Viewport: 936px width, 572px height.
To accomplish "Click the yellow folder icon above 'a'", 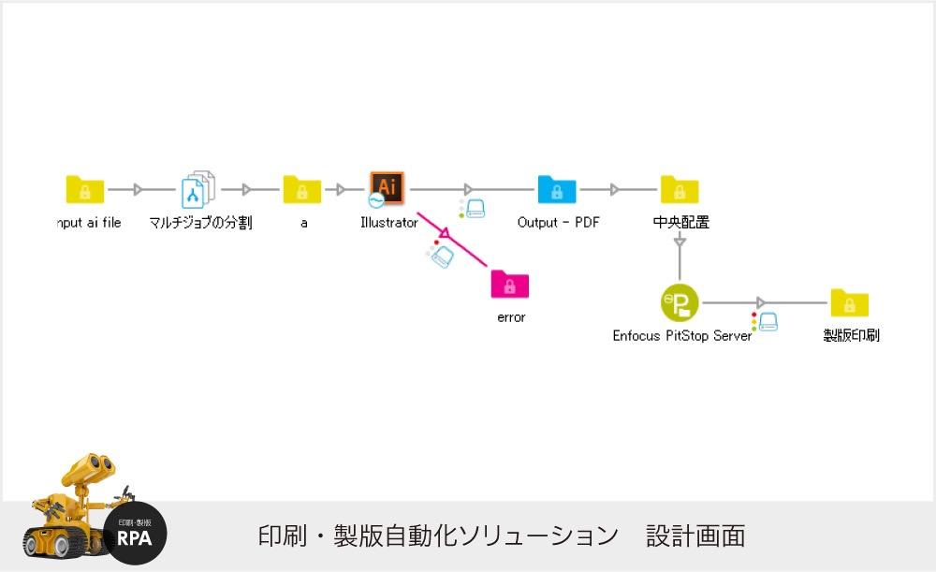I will [x=301, y=189].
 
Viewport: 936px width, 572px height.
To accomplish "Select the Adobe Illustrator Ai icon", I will [x=387, y=187].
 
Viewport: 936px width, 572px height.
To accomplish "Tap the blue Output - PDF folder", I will [x=557, y=189].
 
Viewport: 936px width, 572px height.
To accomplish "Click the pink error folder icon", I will [x=510, y=284].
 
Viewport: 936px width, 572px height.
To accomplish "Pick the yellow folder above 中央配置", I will [x=680, y=189].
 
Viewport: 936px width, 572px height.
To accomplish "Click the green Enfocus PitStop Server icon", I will [x=680, y=302].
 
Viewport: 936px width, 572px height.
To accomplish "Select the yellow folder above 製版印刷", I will [x=849, y=302].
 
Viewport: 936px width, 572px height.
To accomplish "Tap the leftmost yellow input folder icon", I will [x=85, y=189].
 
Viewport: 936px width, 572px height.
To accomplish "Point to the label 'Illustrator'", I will [x=388, y=223].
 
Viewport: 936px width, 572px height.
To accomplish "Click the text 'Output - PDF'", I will [x=558, y=223].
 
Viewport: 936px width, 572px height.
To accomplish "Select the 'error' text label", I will [x=511, y=317].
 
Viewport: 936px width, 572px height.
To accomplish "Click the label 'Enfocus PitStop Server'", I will [x=681, y=335].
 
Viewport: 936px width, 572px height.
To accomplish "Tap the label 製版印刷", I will [x=851, y=335].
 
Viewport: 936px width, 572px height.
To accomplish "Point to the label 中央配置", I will [x=680, y=223].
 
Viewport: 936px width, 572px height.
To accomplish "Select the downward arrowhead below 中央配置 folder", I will [x=680, y=242].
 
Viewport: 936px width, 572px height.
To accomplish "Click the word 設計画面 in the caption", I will [x=695, y=536].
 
